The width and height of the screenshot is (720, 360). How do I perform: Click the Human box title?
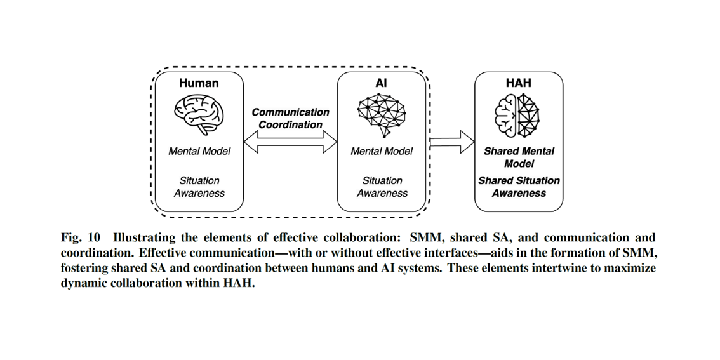[x=199, y=83]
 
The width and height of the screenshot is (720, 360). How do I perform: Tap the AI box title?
[x=381, y=83]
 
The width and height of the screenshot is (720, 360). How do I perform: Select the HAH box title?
[x=519, y=83]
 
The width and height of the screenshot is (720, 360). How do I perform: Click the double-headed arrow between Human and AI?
[x=290, y=142]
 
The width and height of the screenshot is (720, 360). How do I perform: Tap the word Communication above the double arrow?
[x=290, y=112]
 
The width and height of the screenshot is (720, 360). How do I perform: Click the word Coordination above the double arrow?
[x=290, y=124]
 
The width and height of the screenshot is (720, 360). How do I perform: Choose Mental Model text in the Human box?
[x=199, y=151]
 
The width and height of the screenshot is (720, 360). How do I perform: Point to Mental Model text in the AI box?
[x=381, y=151]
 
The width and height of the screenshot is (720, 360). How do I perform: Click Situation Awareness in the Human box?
[x=199, y=187]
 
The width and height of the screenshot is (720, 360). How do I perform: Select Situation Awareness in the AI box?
[x=381, y=187]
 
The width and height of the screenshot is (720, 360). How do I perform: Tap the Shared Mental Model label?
[x=519, y=157]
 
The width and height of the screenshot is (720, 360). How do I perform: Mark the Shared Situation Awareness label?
[x=519, y=187]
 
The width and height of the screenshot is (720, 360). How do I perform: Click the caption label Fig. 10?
[x=81, y=239]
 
